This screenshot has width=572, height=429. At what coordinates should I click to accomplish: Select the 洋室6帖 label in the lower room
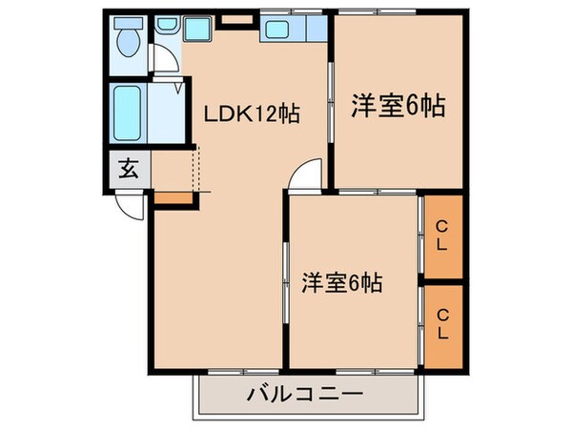[342, 283]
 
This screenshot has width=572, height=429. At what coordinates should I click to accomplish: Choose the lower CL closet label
[443, 325]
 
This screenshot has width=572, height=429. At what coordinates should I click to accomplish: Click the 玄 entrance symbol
[127, 172]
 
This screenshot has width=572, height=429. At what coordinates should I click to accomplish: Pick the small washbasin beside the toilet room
[166, 25]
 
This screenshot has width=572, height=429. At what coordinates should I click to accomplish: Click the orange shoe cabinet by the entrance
[171, 197]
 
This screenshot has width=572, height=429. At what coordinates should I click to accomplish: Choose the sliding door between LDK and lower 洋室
[287, 287]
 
